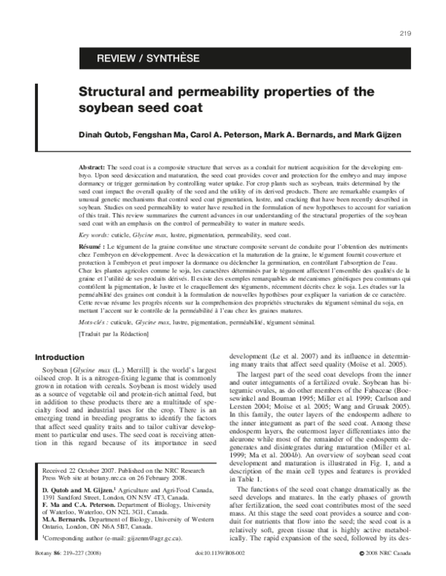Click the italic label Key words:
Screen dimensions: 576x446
click(95, 234)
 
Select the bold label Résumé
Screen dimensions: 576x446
click(93, 245)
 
